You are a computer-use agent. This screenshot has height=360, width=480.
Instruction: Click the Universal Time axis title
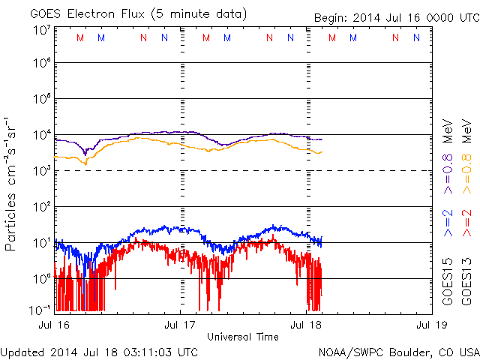(243, 337)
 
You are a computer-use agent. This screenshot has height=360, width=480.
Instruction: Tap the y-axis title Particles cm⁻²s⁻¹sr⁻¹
(12, 183)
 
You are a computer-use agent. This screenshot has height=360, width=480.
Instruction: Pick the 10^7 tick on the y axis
(41, 30)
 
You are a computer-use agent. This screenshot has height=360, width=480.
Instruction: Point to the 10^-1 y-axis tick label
(40, 309)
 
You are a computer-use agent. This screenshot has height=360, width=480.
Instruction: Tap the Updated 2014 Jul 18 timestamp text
(100, 351)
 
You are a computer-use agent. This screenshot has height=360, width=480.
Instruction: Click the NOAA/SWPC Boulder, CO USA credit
(398, 351)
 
